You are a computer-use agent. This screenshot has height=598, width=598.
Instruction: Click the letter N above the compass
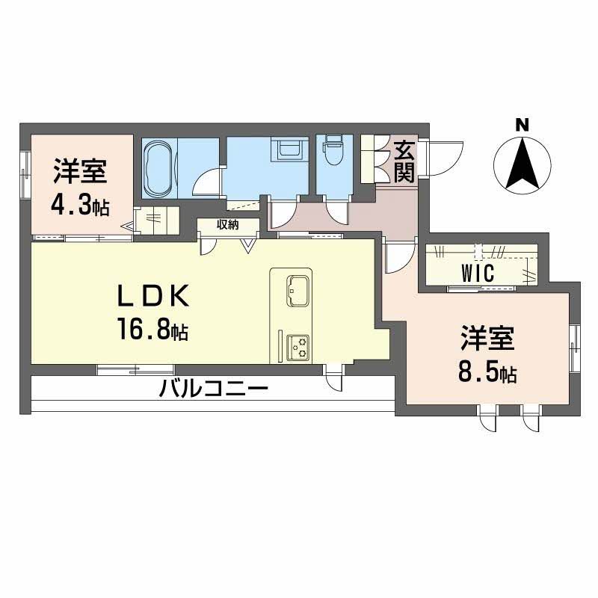point(522,125)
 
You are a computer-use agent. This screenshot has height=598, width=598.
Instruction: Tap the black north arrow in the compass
point(522,163)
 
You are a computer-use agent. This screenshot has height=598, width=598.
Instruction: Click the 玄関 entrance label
point(404,161)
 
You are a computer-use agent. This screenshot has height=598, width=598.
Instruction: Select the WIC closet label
point(478,273)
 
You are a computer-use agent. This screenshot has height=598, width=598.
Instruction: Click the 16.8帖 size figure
point(153,329)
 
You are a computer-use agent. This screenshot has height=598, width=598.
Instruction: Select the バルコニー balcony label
point(214,389)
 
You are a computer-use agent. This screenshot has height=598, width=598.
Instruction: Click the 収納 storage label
point(228,225)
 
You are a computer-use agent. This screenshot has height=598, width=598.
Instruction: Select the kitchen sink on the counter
point(298,290)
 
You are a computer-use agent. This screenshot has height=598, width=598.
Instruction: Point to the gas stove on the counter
point(298,347)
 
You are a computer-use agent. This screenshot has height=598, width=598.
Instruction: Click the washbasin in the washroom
point(289,148)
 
